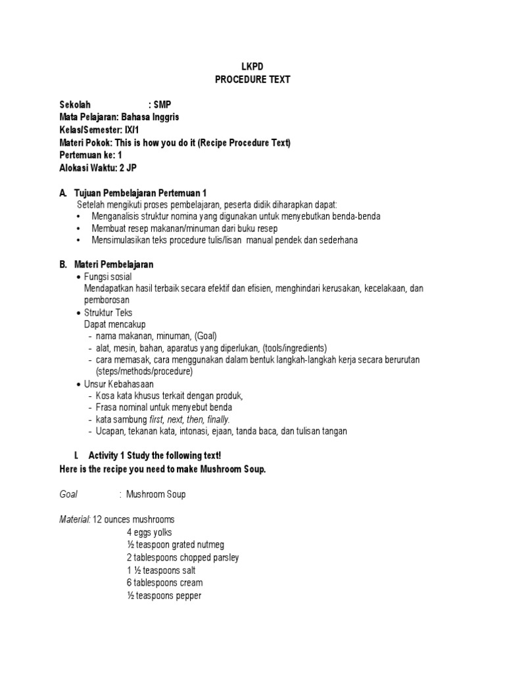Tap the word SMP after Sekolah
[162, 104]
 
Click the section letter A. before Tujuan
[63, 193]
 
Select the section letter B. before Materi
[63, 264]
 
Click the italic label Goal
[68, 494]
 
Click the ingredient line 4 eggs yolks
[149, 532]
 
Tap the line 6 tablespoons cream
[164, 582]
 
